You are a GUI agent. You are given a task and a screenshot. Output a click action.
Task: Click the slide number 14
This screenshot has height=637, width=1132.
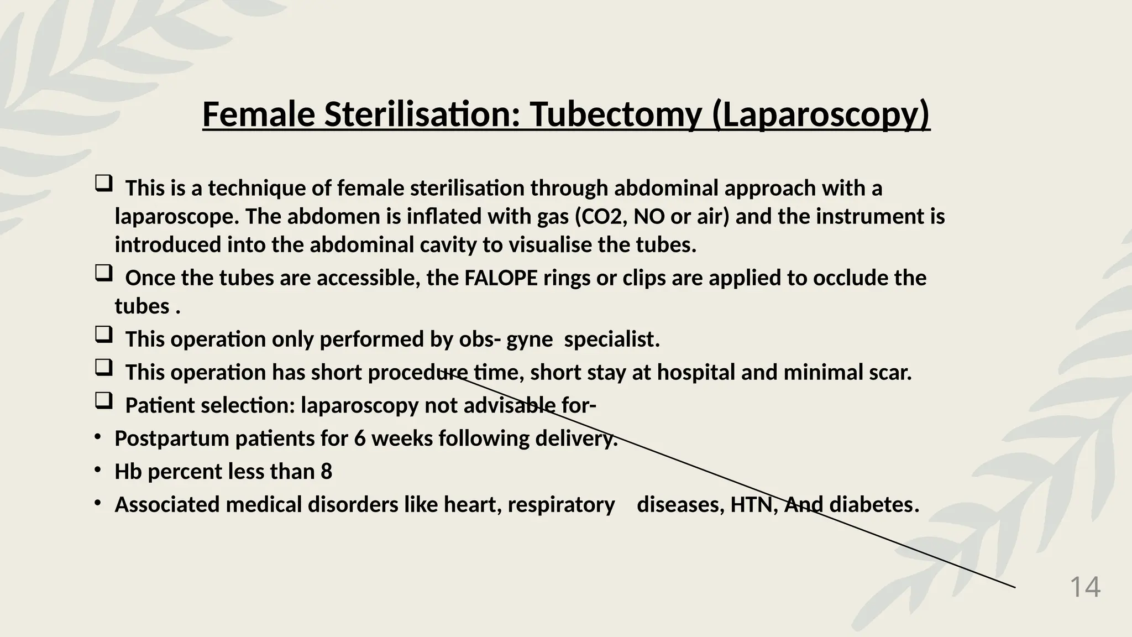[1085, 587]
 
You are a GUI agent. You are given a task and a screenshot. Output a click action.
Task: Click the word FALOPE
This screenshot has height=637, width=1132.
[501, 278]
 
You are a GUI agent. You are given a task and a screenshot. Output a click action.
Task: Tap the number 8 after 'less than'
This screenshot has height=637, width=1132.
[326, 472]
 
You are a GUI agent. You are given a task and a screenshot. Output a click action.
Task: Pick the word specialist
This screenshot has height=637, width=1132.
[611, 340]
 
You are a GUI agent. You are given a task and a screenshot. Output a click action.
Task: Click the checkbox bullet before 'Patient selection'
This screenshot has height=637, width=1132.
[103, 401]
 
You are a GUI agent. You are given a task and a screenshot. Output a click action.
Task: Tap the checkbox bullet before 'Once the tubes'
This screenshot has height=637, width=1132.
[103, 273]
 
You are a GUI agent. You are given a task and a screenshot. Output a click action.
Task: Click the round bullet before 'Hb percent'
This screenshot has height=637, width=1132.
[97, 470]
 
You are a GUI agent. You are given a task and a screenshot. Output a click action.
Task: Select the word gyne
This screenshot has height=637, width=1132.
[529, 340]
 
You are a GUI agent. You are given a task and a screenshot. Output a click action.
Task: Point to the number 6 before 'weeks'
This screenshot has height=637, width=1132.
[360, 439]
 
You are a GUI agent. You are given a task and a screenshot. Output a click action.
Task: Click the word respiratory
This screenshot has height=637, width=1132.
[561, 505]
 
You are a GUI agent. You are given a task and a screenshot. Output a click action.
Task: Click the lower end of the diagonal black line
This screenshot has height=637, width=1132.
[1015, 587]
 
